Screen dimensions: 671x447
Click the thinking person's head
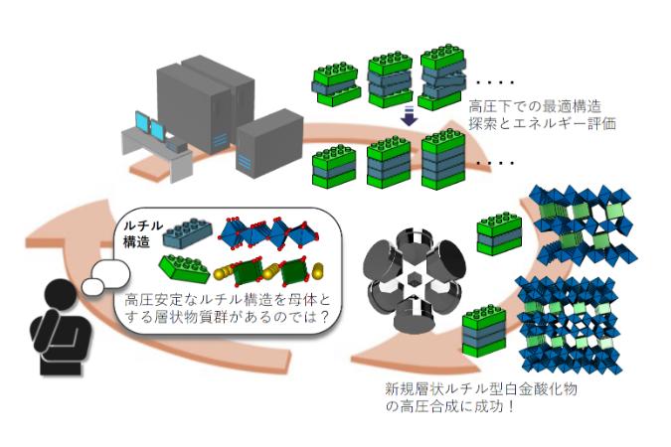click(60, 296)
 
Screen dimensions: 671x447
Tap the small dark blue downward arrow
click(410, 115)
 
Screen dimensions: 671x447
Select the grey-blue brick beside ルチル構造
click(188, 233)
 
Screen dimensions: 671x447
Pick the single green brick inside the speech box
click(185, 268)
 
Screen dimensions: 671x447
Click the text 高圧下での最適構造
click(535, 105)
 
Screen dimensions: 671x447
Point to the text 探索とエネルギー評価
click(542, 123)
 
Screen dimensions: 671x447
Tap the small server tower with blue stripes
click(269, 144)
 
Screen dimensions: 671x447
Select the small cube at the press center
click(413, 281)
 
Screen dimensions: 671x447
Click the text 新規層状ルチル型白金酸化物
click(480, 388)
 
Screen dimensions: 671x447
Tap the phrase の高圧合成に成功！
click(449, 406)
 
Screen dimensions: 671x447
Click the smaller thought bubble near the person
click(92, 286)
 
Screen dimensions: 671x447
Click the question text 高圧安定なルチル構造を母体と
click(228, 299)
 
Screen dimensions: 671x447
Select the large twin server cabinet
click(206, 104)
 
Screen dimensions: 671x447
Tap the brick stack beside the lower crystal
click(484, 331)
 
